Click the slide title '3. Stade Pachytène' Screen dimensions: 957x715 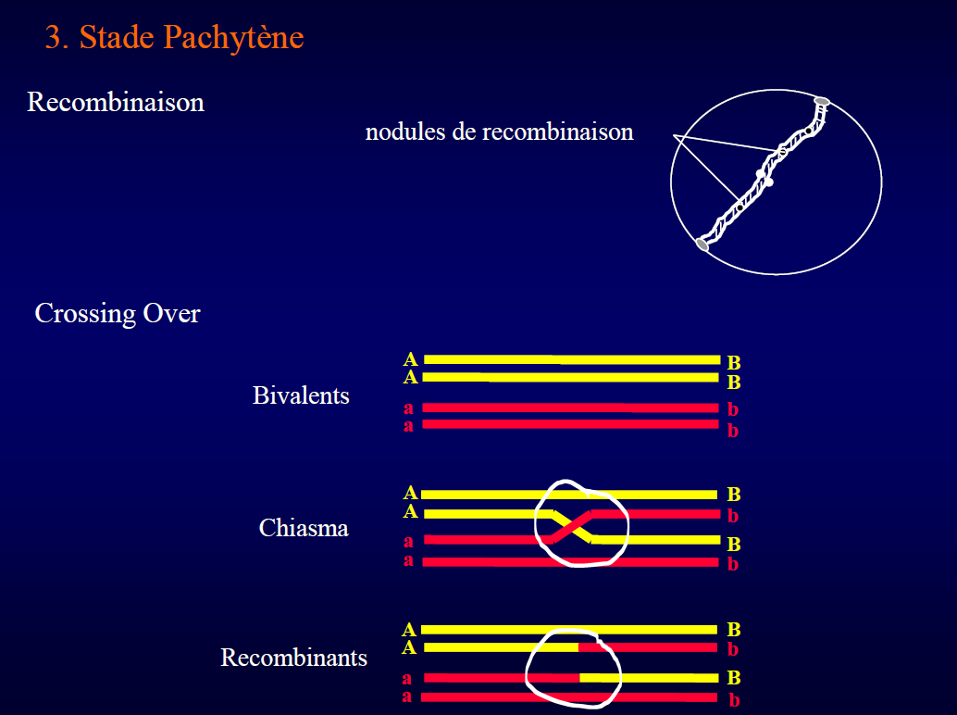click(175, 38)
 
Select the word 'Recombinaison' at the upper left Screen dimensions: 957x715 click(116, 102)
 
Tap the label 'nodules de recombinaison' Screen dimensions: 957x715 click(499, 132)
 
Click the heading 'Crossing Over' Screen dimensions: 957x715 click(118, 313)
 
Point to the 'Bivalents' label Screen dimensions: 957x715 click(301, 395)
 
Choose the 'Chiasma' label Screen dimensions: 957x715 click(304, 528)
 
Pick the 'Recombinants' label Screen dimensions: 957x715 click(293, 658)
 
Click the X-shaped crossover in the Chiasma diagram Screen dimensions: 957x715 click(572, 527)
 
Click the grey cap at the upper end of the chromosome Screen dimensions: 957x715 click(822, 101)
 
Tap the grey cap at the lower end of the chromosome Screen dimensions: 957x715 click(702, 245)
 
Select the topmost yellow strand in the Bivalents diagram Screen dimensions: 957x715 click(572, 359)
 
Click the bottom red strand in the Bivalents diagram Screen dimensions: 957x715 click(571, 424)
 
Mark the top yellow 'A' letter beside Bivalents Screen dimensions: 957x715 click(411, 359)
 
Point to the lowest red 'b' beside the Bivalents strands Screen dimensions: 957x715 click(733, 431)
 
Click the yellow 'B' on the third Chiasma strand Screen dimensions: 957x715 click(734, 544)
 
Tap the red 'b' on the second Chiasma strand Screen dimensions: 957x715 click(733, 516)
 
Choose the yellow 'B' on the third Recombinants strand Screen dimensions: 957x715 click(734, 678)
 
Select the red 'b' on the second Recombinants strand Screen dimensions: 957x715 click(733, 649)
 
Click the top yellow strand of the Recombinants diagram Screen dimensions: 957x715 click(569, 630)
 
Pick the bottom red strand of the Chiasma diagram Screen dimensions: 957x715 click(571, 562)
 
